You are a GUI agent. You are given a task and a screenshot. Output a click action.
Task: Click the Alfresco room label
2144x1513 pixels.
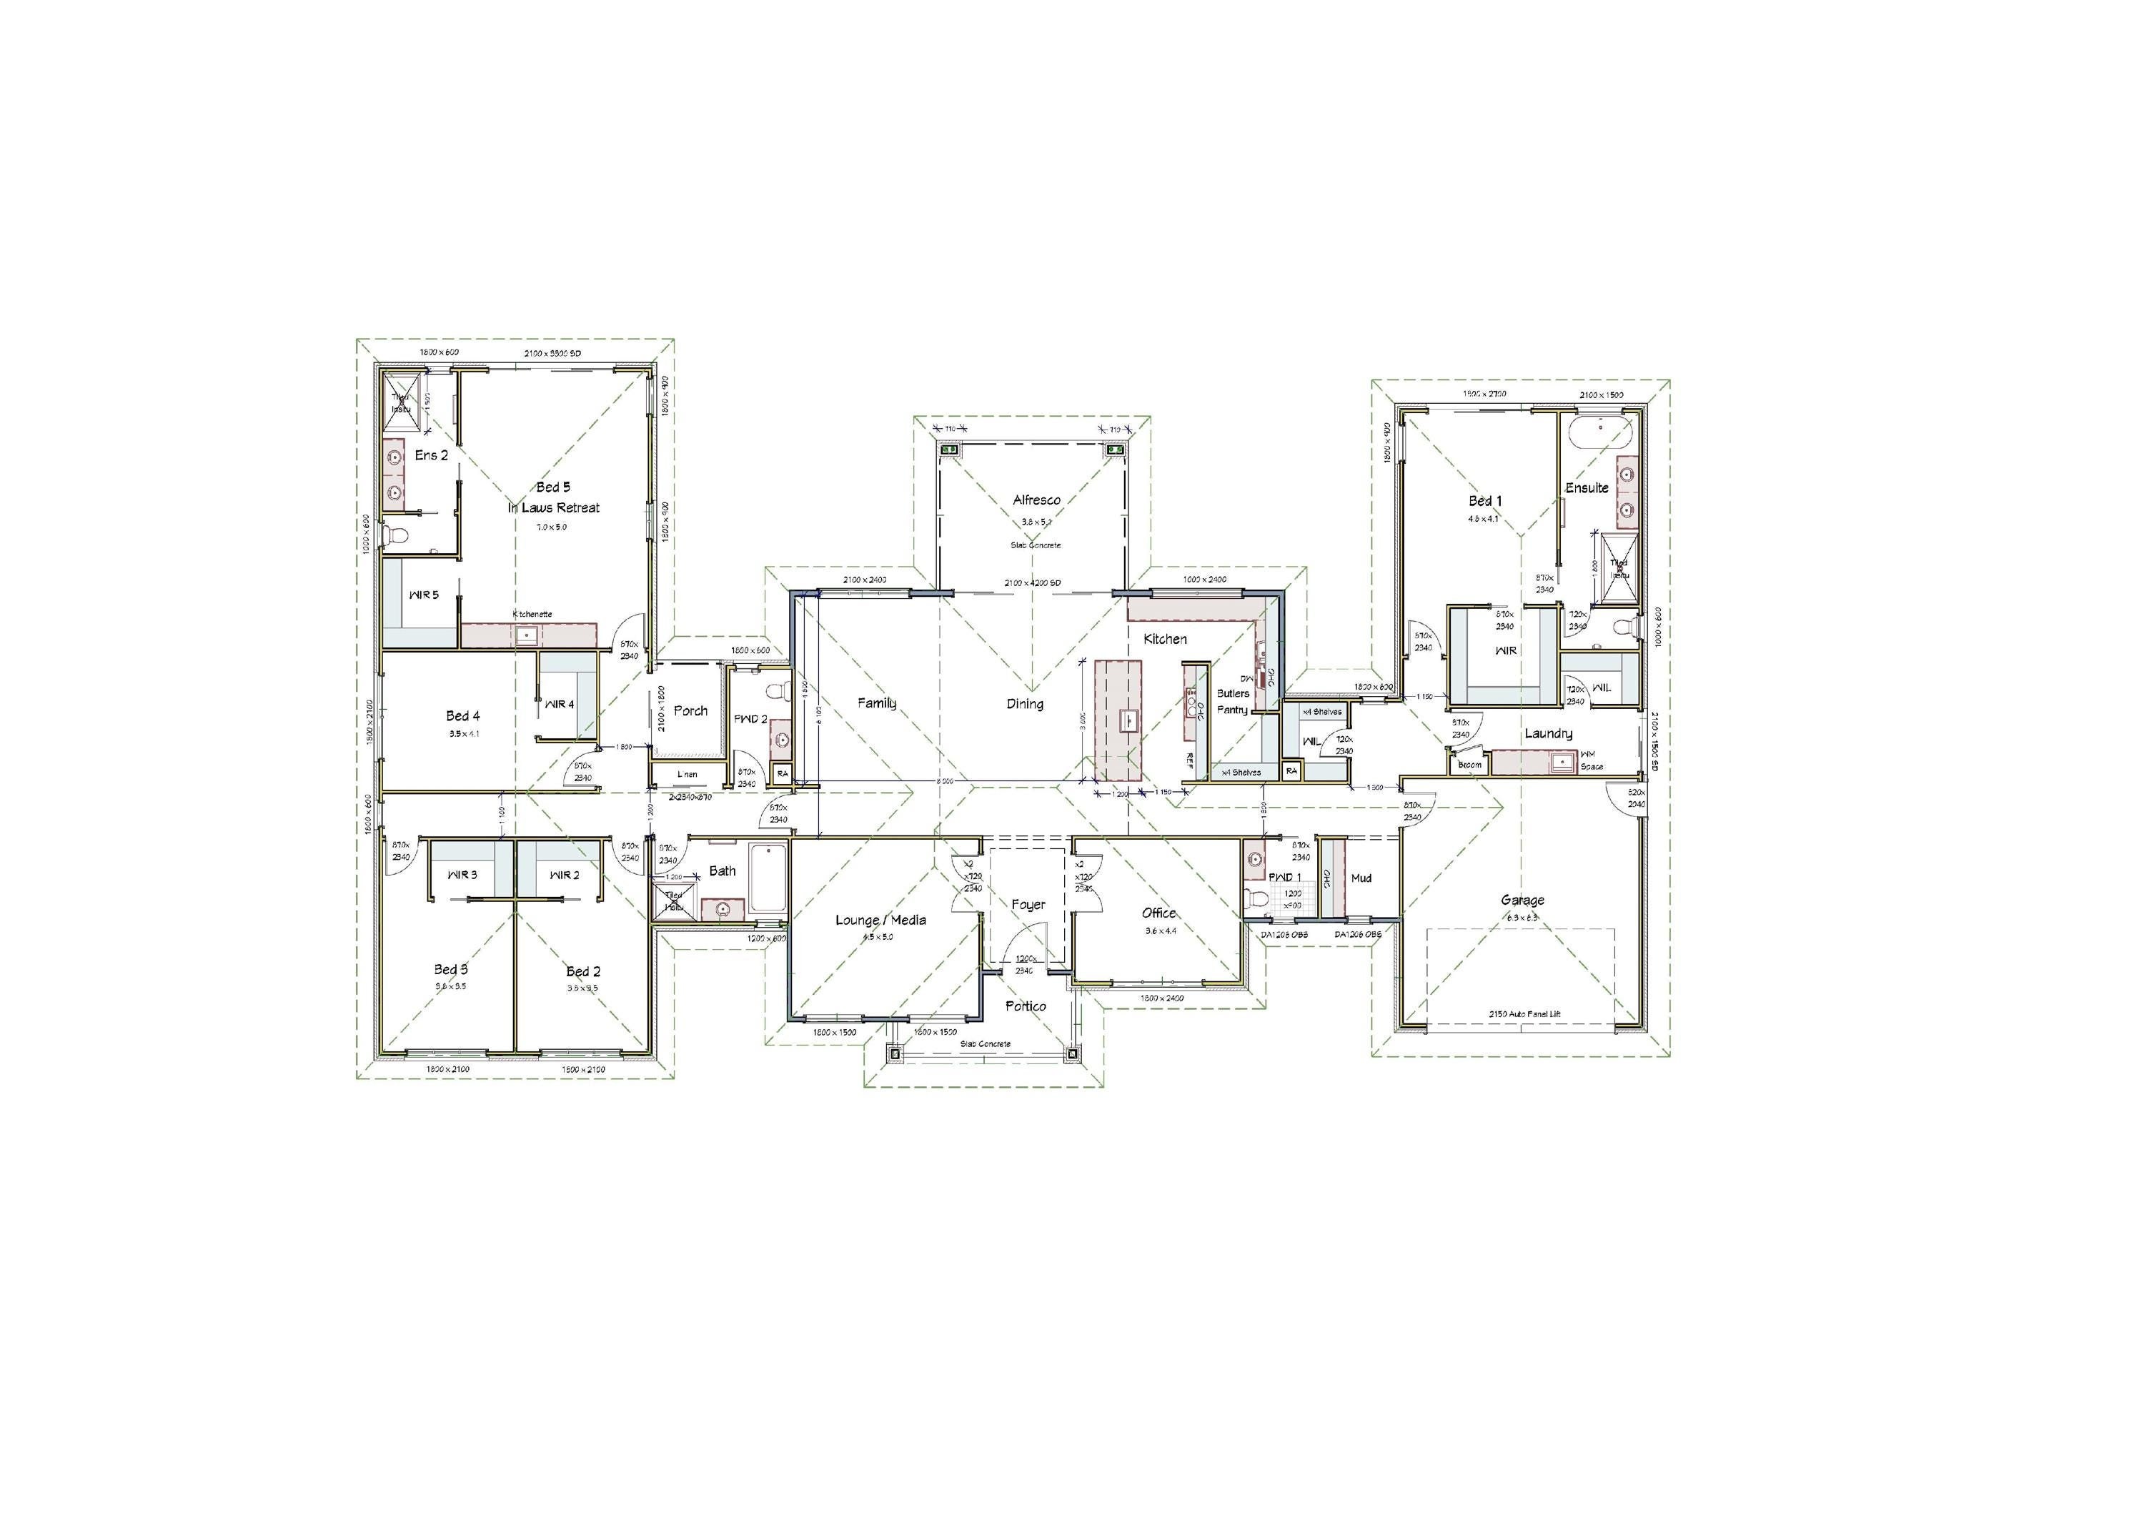coord(1036,500)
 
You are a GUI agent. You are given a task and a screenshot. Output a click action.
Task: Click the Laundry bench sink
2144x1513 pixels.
coord(1560,762)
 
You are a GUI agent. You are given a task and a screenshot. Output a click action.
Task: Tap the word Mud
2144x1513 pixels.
coord(1361,878)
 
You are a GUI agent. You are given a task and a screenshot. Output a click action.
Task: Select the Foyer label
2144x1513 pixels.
coord(1028,904)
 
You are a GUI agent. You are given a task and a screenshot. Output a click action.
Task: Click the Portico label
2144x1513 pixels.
coord(1026,1006)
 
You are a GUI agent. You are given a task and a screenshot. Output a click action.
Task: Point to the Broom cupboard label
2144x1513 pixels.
coord(1470,765)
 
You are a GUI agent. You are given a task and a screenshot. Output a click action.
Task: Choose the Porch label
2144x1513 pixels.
coord(691,710)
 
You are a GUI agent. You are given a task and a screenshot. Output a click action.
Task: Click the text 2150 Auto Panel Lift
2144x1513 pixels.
coord(1522,1013)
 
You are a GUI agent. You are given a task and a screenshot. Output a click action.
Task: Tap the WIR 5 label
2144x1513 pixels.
coord(423,595)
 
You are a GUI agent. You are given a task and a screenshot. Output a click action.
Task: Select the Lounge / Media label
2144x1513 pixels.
coord(880,920)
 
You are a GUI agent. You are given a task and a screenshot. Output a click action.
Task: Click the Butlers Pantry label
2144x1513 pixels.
coord(1233,701)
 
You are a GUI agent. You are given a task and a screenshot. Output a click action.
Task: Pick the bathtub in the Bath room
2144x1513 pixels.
coord(768,878)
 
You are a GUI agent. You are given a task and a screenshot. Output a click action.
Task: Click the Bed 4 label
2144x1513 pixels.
coord(462,715)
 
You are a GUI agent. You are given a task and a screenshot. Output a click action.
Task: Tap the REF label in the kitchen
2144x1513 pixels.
coord(1190,759)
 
